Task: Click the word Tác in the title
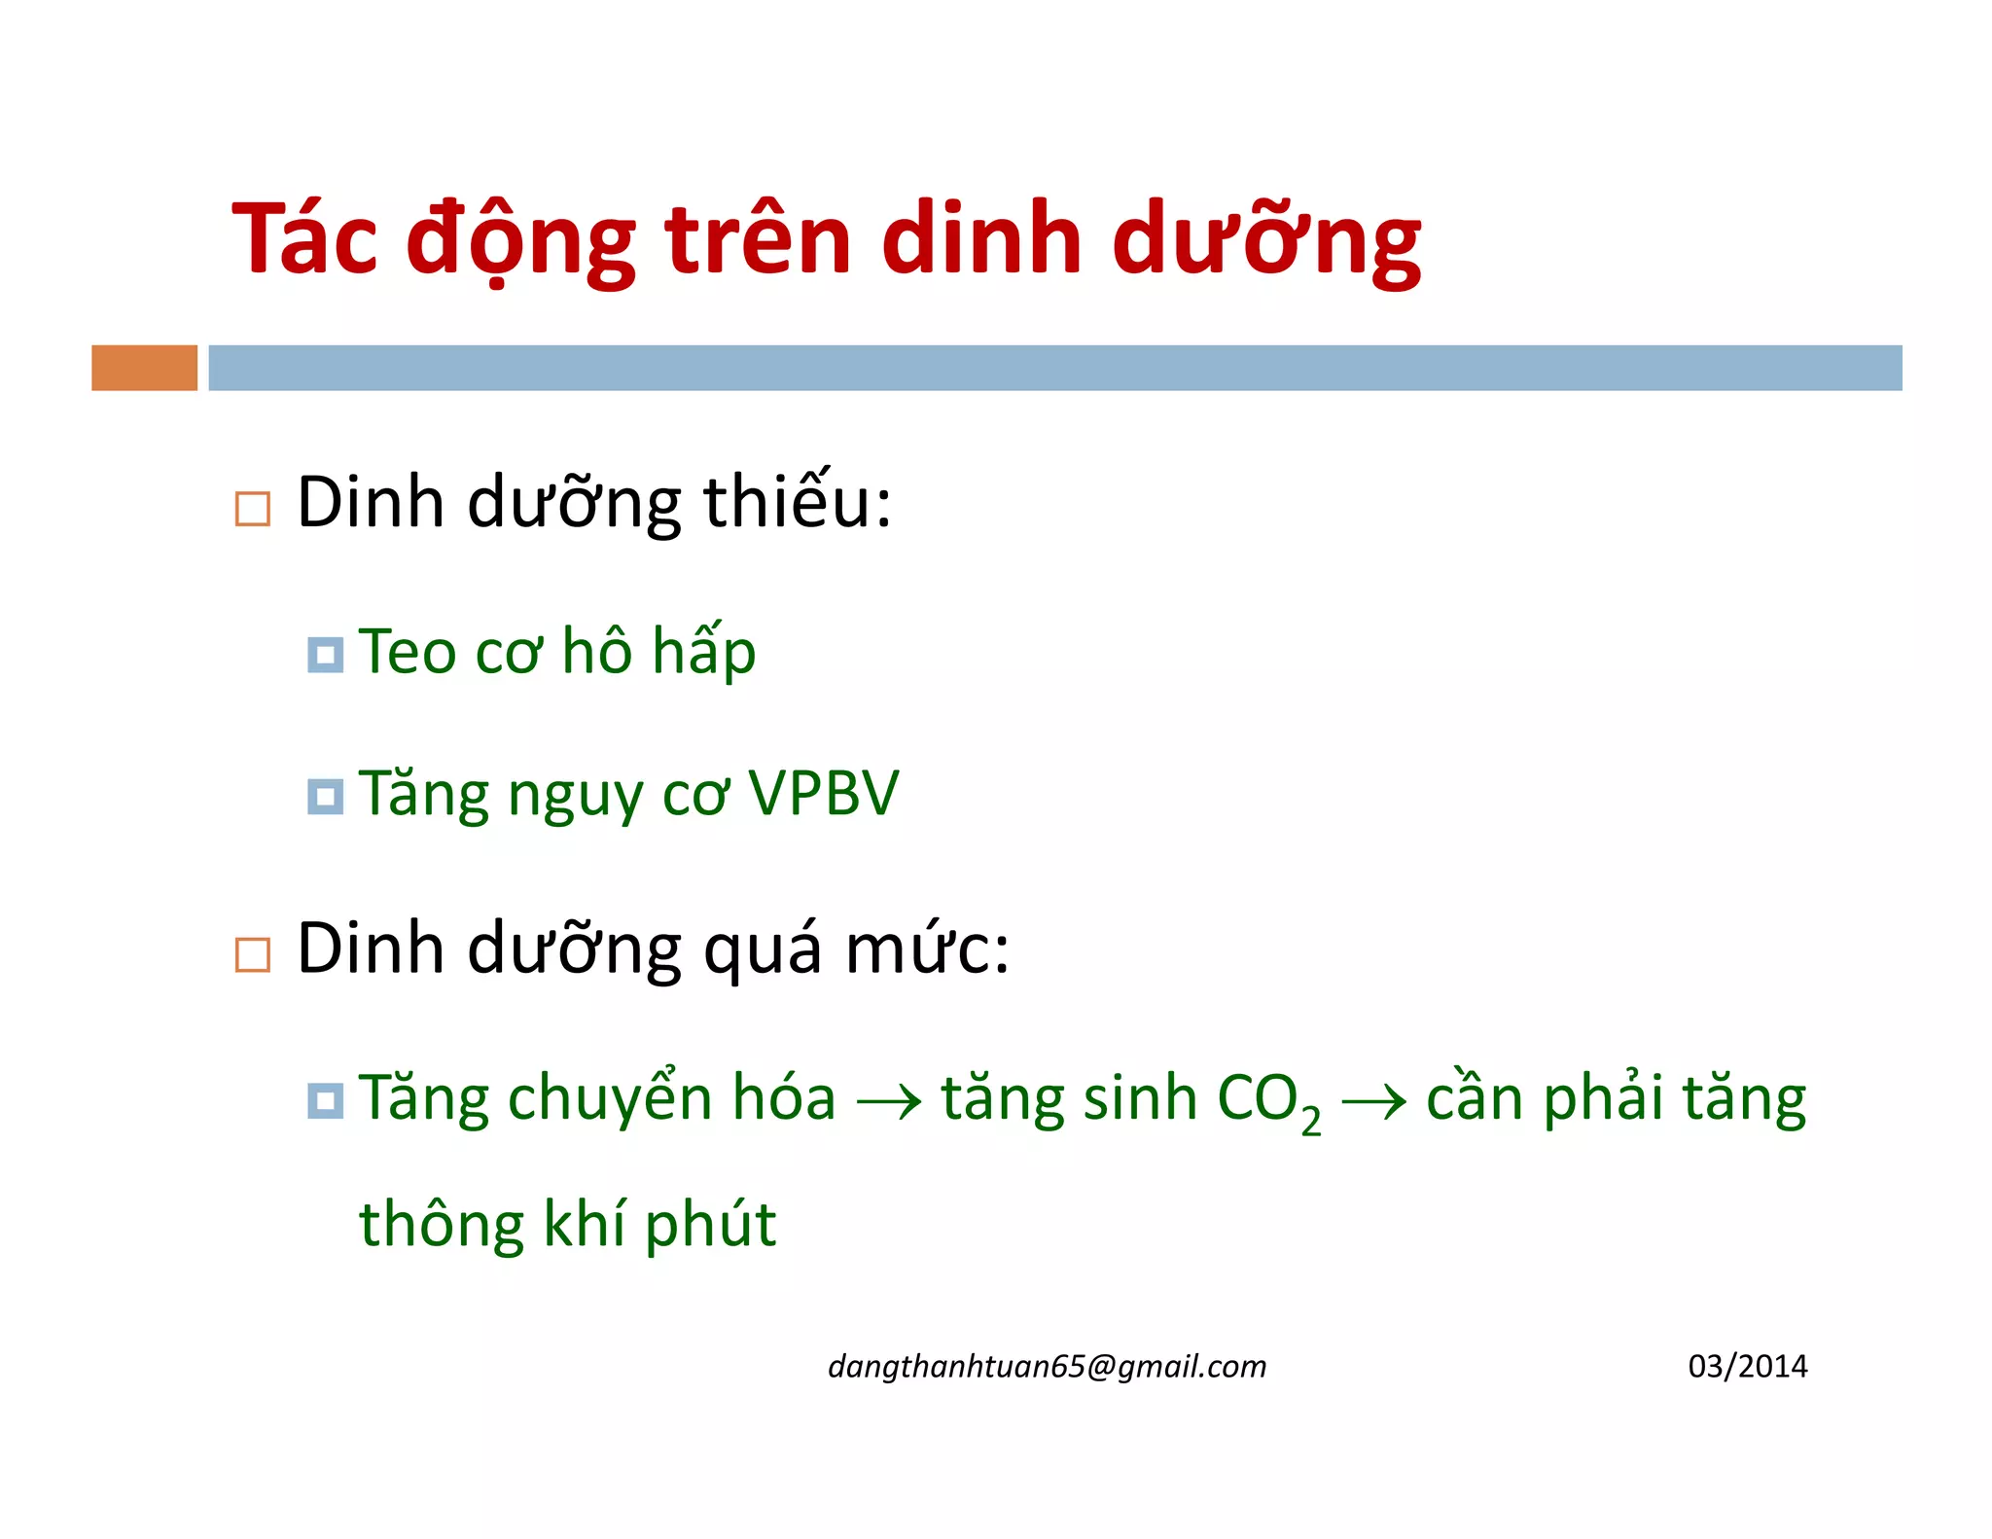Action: (x=303, y=239)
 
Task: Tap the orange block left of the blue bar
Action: (x=144, y=368)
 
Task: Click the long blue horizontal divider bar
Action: (x=1054, y=368)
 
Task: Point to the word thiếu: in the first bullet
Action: (x=797, y=504)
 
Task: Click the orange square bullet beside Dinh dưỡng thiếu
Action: (x=253, y=509)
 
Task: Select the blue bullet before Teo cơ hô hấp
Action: (x=325, y=655)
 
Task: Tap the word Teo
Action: (x=408, y=652)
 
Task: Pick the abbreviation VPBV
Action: (x=823, y=794)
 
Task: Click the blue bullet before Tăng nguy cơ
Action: (x=325, y=797)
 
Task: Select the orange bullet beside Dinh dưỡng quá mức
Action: (x=253, y=954)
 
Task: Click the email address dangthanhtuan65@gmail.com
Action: (x=1047, y=1367)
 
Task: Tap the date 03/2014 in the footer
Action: (x=1747, y=1367)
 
